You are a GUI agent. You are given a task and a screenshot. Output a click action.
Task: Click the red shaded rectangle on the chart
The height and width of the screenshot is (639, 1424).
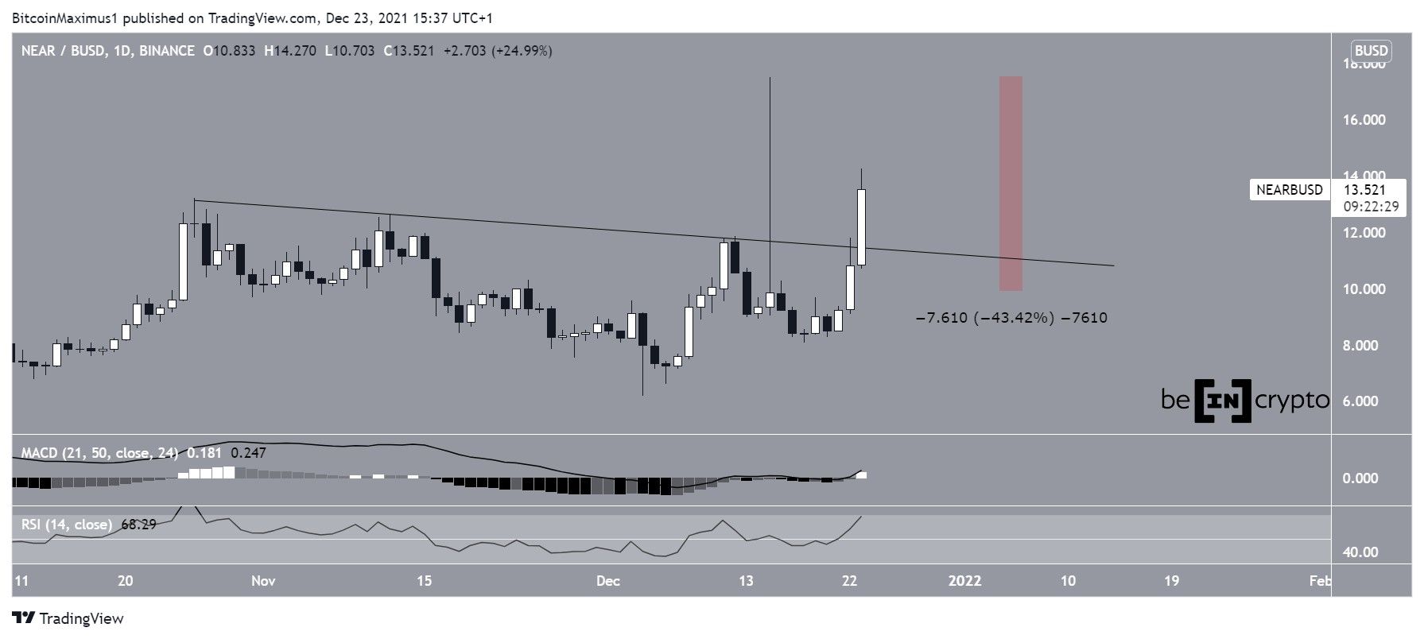pyautogui.click(x=1011, y=183)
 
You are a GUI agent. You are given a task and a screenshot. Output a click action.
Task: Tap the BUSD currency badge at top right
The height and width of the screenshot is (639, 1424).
pyautogui.click(x=1372, y=51)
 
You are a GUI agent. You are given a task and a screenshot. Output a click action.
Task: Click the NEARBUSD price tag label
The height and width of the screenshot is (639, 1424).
pyautogui.click(x=1289, y=190)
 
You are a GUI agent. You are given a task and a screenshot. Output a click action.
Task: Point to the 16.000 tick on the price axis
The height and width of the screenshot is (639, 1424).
pyautogui.click(x=1364, y=120)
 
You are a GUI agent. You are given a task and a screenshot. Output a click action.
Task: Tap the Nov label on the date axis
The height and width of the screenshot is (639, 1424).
pyautogui.click(x=263, y=581)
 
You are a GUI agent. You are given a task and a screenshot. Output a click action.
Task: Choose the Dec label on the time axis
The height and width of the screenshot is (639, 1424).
pyautogui.click(x=608, y=581)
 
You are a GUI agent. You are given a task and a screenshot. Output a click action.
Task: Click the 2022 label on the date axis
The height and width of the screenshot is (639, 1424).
pyautogui.click(x=964, y=581)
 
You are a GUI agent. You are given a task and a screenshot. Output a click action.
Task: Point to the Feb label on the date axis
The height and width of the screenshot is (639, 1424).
pyautogui.click(x=1321, y=581)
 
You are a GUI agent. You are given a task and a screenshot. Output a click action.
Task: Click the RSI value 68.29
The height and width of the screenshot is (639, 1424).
pyautogui.click(x=137, y=525)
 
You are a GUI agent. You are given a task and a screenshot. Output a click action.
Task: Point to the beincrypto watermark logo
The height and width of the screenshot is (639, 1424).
pyautogui.click(x=1244, y=401)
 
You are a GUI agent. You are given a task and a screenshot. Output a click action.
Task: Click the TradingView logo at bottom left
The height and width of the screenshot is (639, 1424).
pyautogui.click(x=68, y=618)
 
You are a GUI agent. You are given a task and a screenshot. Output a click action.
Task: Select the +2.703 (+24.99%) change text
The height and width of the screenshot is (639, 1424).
pyautogui.click(x=498, y=51)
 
